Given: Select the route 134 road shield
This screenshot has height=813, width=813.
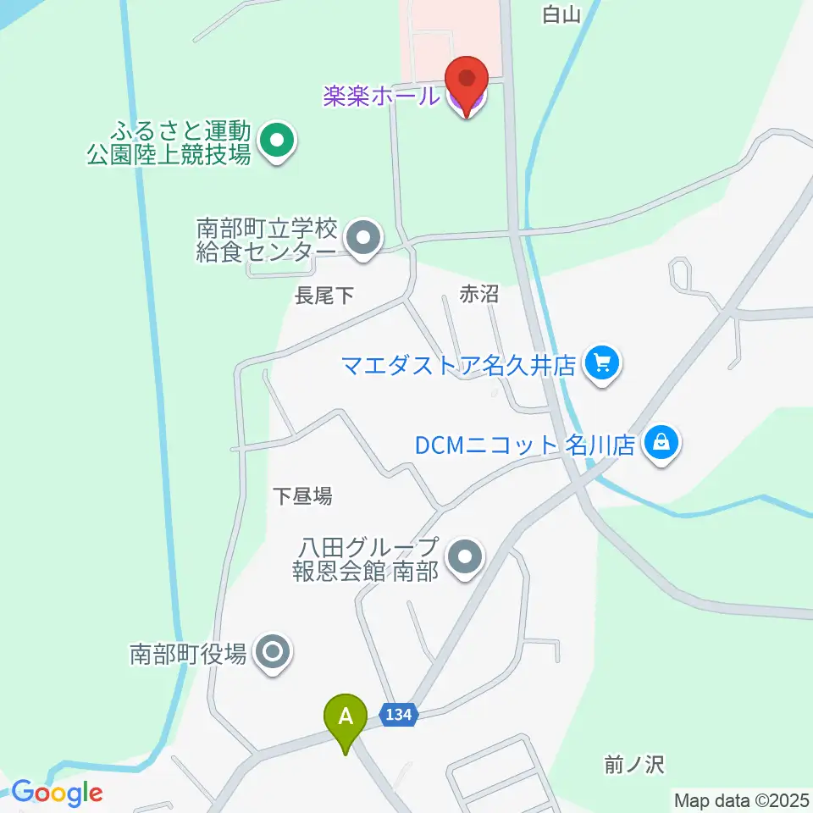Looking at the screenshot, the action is (x=398, y=714).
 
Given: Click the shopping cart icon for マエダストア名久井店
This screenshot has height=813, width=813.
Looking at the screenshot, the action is (x=602, y=365).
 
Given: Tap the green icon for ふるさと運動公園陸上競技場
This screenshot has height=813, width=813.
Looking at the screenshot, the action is (x=276, y=141).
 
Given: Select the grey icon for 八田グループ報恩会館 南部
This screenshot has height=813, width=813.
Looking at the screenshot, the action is (x=465, y=557).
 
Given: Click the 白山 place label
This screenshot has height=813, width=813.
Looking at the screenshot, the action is (x=563, y=14).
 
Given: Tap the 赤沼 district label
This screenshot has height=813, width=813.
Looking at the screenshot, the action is (x=478, y=294).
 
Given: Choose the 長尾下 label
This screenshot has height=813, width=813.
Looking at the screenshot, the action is (x=323, y=296).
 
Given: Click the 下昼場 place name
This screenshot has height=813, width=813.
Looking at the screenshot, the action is (x=302, y=495).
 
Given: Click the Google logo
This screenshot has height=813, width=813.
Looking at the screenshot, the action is (x=57, y=793).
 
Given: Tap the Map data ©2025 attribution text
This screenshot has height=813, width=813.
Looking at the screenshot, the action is (x=741, y=799).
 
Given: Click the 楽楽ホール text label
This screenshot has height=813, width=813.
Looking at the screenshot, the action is (x=381, y=96).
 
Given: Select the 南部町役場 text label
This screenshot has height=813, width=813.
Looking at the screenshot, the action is (x=188, y=653).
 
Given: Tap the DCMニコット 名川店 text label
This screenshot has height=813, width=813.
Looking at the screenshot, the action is (x=525, y=445).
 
